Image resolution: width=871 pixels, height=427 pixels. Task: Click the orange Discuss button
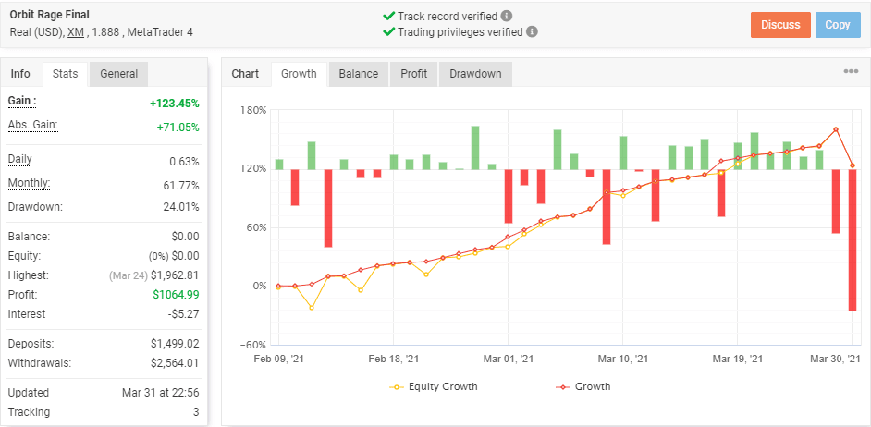780,25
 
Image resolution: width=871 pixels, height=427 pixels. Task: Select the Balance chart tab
358,74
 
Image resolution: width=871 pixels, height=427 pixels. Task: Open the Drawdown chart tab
475,74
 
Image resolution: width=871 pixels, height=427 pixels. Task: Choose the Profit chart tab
414,74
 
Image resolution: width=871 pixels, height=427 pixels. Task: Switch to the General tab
119,74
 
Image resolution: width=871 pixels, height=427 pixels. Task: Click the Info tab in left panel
20,74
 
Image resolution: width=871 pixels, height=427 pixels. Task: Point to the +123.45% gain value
175,104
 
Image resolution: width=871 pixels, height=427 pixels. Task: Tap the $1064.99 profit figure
176,294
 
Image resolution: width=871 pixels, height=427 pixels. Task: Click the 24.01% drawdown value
180,207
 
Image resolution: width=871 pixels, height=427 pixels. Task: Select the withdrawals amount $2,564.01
175,363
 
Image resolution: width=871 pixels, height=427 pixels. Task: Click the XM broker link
76,32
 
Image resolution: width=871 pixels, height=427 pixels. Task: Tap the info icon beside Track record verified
506,16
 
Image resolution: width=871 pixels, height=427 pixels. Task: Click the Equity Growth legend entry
435,386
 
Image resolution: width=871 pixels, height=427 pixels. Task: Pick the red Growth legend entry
583,386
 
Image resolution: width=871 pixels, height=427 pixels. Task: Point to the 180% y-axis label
254,110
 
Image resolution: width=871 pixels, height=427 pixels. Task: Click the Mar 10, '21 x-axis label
622,359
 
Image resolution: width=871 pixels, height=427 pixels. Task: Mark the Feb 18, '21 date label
393,359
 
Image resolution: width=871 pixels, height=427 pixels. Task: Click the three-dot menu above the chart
851,71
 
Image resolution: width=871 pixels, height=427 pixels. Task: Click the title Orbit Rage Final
50,15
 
